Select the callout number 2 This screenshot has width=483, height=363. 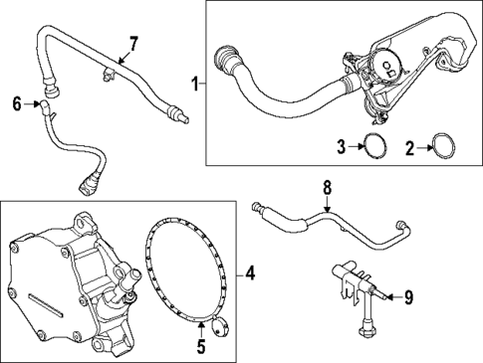(x=409, y=148)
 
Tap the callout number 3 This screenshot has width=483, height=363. (x=340, y=148)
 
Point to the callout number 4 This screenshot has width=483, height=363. (x=250, y=271)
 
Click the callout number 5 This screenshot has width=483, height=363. (x=199, y=346)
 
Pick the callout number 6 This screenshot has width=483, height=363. (x=16, y=101)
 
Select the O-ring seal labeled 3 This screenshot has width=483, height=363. (x=373, y=147)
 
